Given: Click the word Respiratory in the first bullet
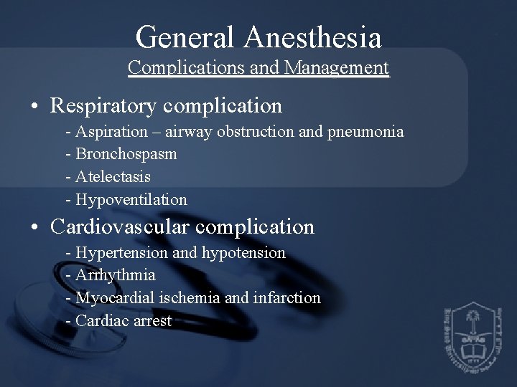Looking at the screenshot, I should (105, 106).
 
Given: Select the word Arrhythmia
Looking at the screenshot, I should (114, 275).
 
